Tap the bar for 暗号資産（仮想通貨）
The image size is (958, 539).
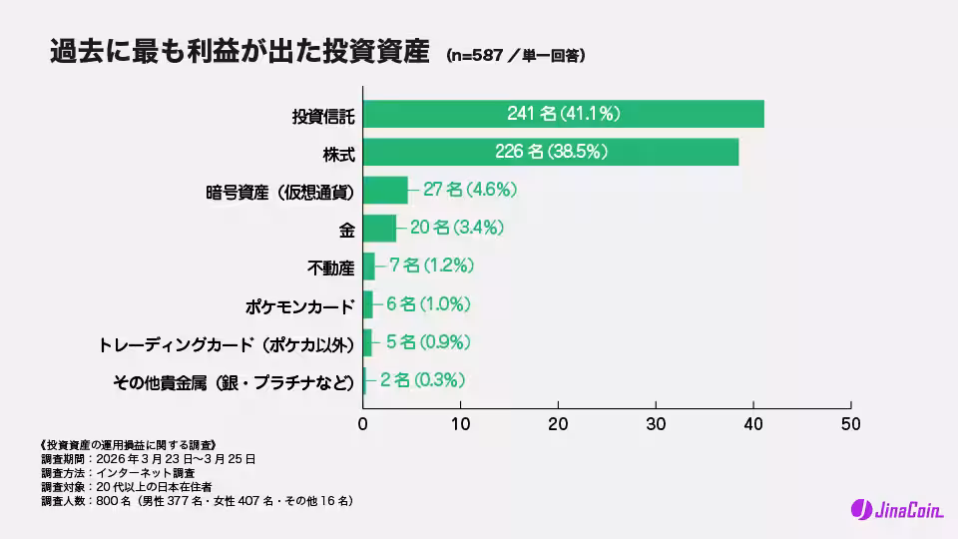[x=385, y=190]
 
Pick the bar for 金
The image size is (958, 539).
[x=379, y=229]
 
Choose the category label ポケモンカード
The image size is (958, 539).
[x=299, y=305]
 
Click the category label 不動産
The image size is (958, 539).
[x=330, y=268]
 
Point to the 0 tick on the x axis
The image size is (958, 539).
[x=363, y=422]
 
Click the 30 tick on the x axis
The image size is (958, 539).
[x=656, y=422]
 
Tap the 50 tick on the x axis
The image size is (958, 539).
[x=850, y=422]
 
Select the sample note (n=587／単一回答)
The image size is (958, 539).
[x=515, y=56]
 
